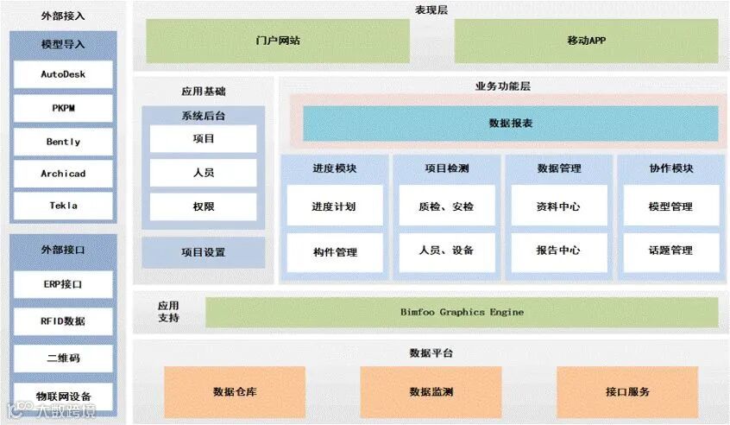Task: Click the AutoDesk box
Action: point(63,74)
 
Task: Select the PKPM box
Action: point(63,108)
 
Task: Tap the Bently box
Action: point(63,142)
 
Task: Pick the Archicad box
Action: point(63,174)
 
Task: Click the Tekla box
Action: point(63,206)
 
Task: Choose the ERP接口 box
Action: point(63,283)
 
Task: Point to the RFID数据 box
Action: point(63,321)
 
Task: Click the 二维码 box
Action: point(63,358)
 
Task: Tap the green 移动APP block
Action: point(587,41)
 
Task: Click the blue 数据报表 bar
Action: point(510,124)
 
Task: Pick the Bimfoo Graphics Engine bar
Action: point(462,312)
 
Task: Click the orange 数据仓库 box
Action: point(235,391)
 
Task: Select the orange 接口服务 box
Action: point(627,391)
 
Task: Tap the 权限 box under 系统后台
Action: point(204,206)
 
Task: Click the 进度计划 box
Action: point(334,207)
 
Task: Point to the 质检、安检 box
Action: point(446,207)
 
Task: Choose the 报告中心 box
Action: point(558,251)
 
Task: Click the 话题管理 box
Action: point(670,251)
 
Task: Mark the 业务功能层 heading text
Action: point(502,86)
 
